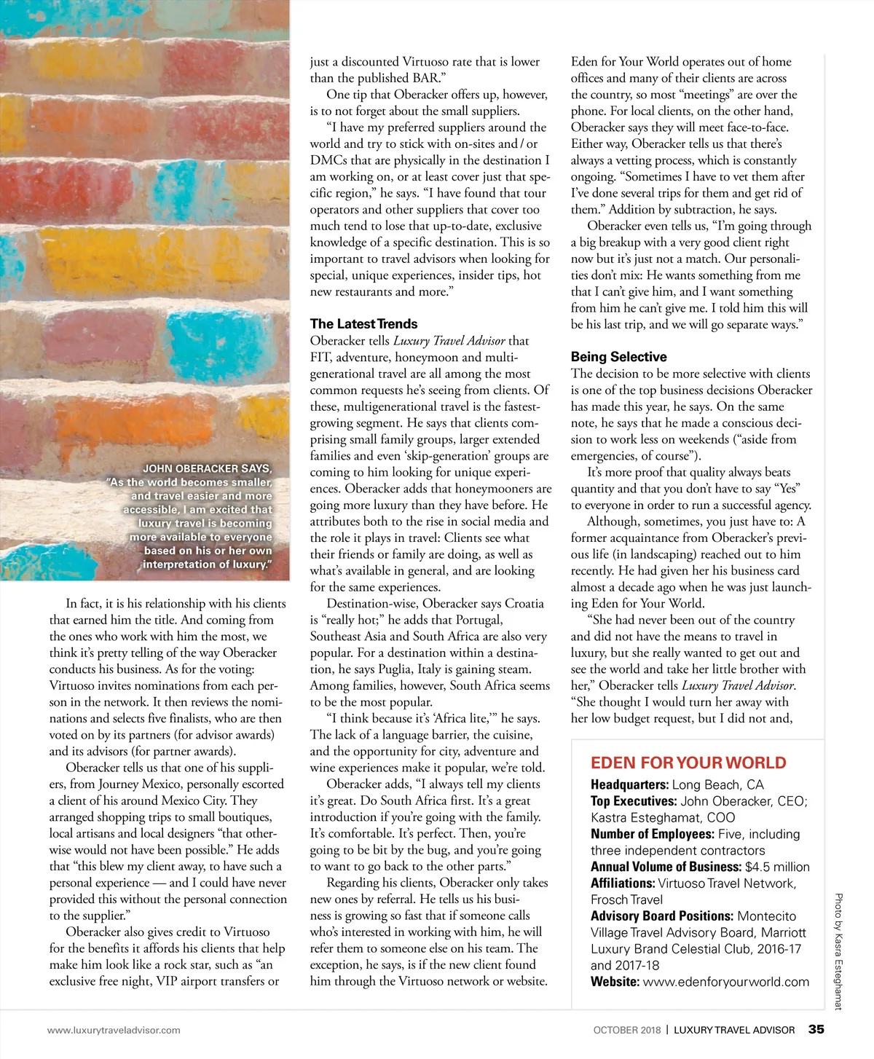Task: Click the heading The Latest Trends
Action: pos(363,324)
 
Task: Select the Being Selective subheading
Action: pos(618,357)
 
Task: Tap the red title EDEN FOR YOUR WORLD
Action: pos(688,763)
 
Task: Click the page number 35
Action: pos(816,1029)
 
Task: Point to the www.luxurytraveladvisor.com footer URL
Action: pos(114,1030)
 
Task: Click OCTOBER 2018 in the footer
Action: pos(627,1030)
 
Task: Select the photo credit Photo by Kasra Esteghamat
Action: pos(838,951)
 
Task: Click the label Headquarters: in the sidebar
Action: pos(629,784)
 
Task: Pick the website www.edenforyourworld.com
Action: pos(726,982)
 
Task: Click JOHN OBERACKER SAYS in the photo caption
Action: pos(207,468)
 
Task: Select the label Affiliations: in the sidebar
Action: pos(623,883)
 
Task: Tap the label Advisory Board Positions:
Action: pos(662,916)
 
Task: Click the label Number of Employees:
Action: pos(653,834)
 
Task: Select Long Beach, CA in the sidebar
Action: pos(717,784)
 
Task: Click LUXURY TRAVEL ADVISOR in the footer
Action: pos(734,1030)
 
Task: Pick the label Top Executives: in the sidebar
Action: pos(634,801)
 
